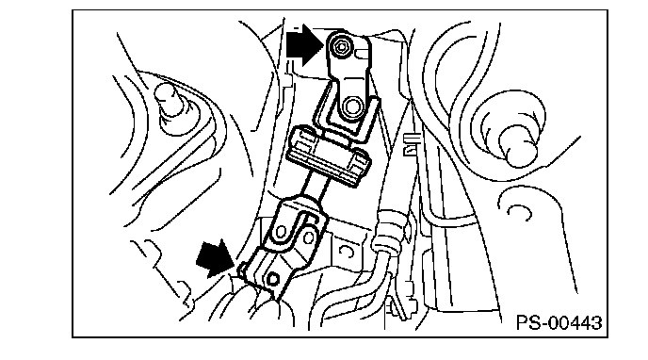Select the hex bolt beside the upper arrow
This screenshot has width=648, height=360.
coord(341,47)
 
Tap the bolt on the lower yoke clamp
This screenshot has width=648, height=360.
coord(273,279)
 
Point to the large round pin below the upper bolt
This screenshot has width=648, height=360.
coord(351,106)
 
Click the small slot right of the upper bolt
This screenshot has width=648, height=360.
coord(363,53)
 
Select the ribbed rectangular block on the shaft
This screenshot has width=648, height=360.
coord(329,156)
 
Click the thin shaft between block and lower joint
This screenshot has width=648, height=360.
coord(316,188)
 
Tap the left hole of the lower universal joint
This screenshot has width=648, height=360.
coord(282,232)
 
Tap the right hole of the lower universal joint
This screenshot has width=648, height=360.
coord(308,237)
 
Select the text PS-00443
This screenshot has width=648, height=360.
coord(559,322)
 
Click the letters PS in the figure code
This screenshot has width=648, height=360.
coord(529,322)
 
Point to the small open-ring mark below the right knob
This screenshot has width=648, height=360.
coord(520,212)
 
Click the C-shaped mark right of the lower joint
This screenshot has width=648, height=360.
coord(347,252)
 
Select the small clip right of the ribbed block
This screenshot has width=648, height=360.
coord(412,144)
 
